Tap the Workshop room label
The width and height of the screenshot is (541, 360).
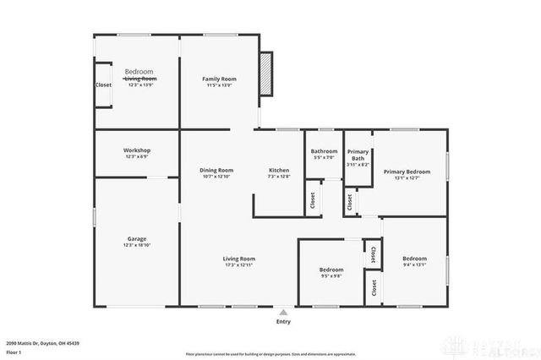[137, 150]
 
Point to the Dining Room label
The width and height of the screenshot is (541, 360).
[217, 170]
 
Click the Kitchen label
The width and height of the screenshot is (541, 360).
[279, 170]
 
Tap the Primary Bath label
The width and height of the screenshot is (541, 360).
[358, 155]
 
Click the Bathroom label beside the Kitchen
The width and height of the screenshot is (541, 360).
[324, 151]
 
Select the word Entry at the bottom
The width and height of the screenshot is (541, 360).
[283, 322]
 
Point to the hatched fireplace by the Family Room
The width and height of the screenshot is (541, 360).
[266, 74]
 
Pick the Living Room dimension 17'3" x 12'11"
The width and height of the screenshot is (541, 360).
[239, 265]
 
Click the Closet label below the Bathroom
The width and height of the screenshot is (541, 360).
[313, 200]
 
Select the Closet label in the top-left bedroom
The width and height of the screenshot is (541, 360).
[103, 85]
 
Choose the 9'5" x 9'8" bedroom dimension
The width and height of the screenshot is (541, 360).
[331, 276]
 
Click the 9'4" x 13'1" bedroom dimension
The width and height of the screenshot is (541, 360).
[414, 265]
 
